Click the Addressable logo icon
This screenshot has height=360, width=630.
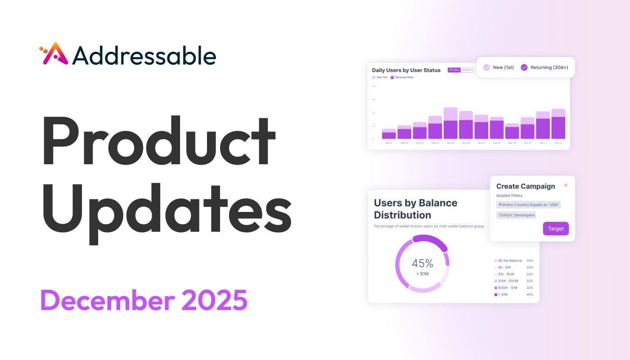click(x=54, y=54)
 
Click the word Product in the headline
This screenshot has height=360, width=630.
click(x=158, y=142)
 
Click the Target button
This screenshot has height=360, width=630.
click(x=556, y=229)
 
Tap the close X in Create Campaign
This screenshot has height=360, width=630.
click(x=566, y=185)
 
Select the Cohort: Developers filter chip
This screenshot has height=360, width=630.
click(x=517, y=215)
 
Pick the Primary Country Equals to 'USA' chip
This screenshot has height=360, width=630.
click(x=529, y=205)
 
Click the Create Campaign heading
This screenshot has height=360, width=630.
click(x=526, y=186)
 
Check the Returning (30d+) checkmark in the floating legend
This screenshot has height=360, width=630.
click(x=524, y=67)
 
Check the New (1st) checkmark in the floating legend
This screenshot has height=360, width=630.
click(x=486, y=67)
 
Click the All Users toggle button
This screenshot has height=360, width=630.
click(x=454, y=70)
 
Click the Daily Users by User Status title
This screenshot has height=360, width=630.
click(x=406, y=70)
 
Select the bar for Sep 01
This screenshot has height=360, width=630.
click(x=389, y=134)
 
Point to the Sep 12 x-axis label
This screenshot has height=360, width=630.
click(x=558, y=143)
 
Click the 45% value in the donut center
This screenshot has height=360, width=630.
click(x=422, y=263)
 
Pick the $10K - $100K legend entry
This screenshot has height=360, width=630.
click(x=508, y=281)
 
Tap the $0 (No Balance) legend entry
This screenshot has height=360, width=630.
click(x=510, y=261)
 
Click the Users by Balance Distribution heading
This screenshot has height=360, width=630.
click(x=415, y=209)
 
